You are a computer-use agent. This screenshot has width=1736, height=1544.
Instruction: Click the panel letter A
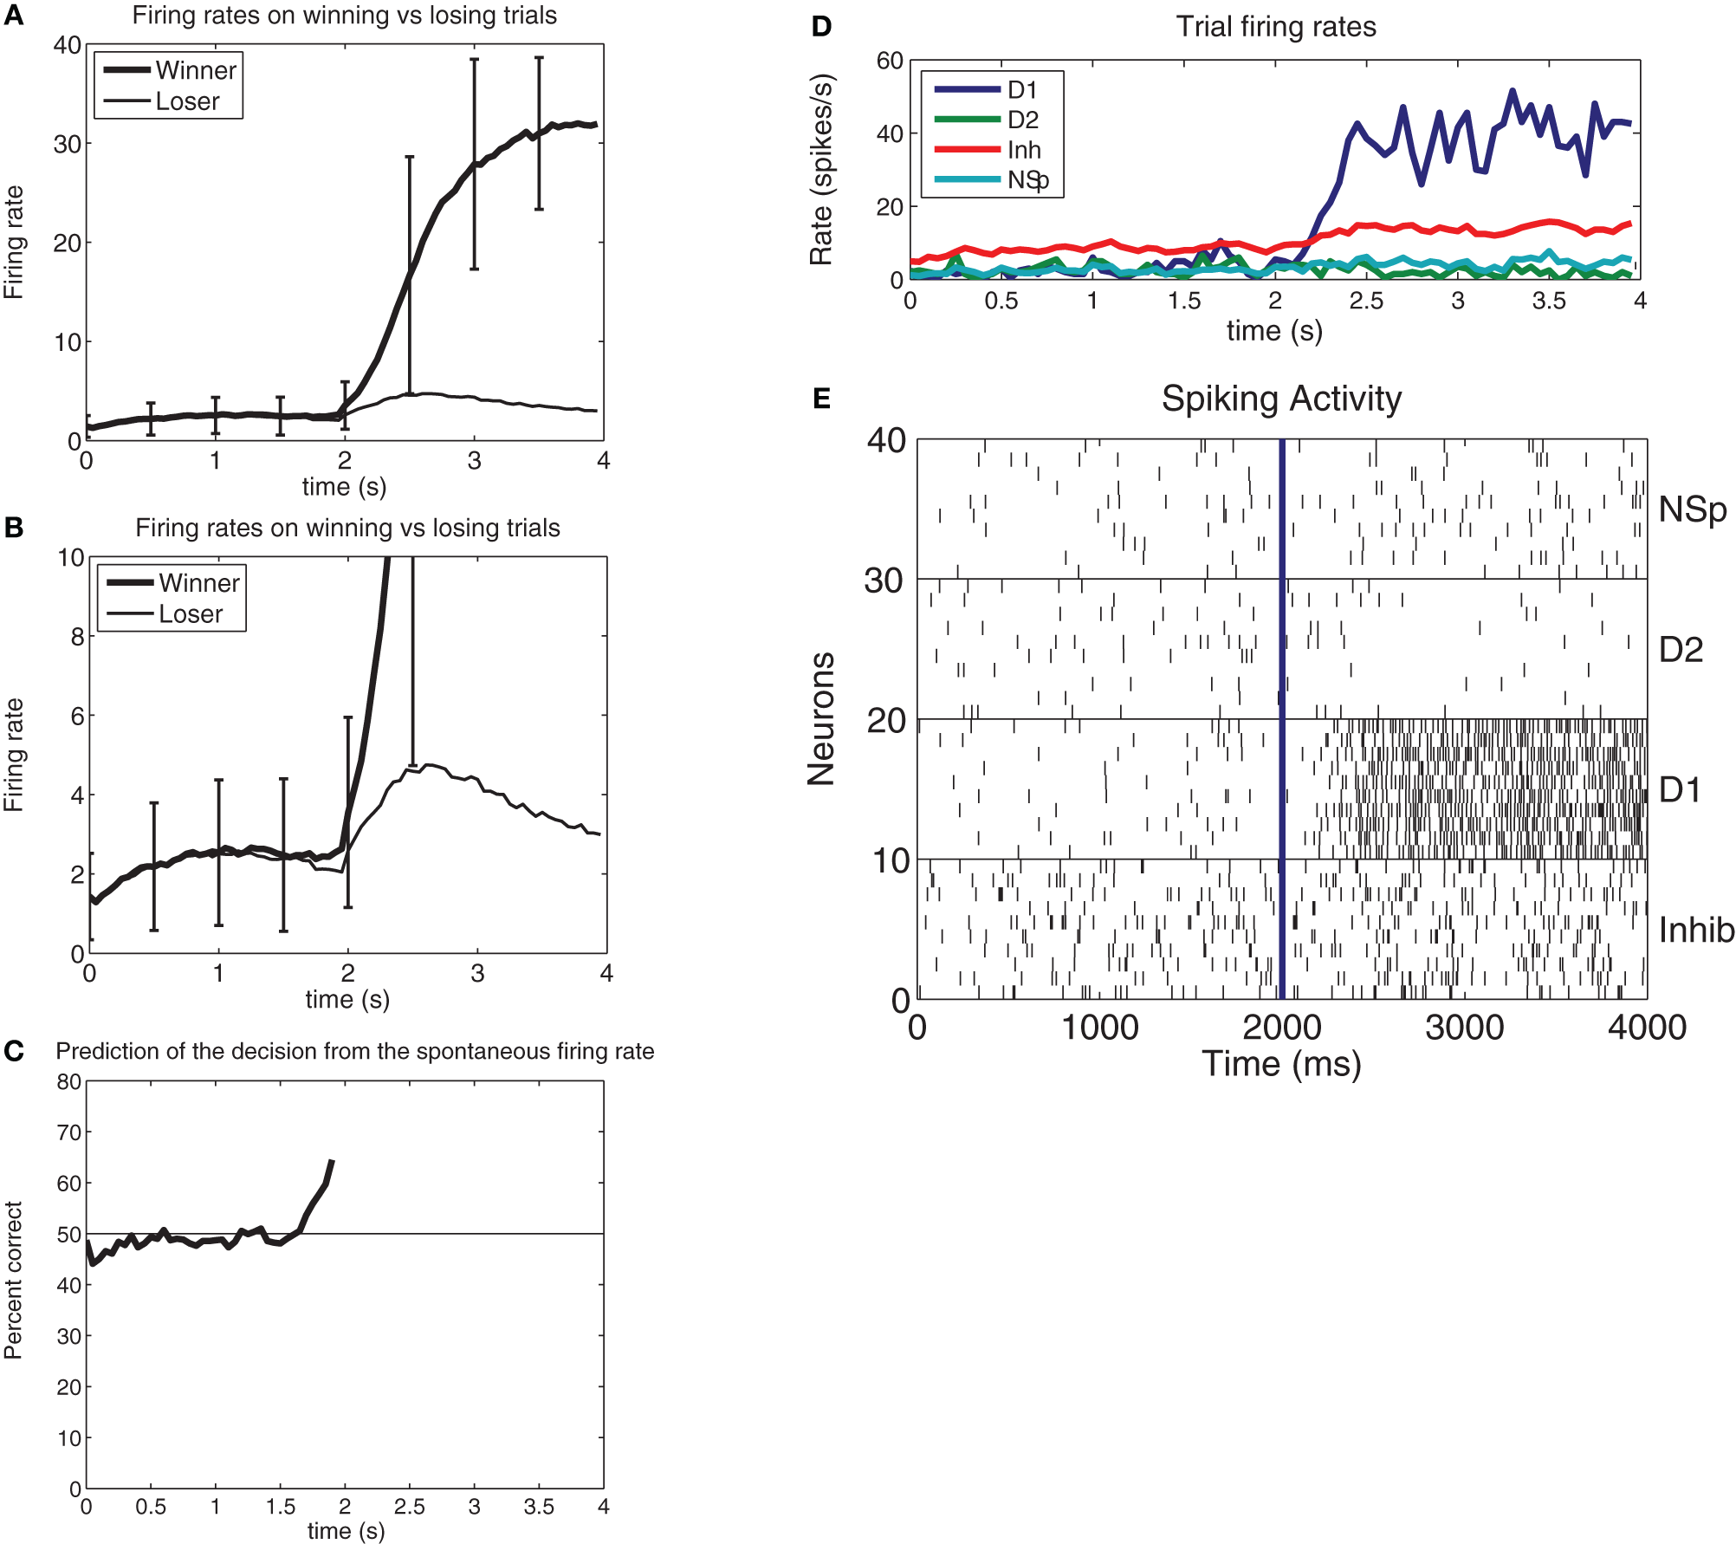coord(13,16)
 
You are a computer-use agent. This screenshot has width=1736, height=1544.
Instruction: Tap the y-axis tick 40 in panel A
coord(67,45)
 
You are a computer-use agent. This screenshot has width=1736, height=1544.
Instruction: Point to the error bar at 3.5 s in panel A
coord(539,133)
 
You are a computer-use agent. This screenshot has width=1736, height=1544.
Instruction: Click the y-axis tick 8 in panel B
coord(76,637)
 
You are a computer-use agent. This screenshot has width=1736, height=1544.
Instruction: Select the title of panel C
coord(354,1051)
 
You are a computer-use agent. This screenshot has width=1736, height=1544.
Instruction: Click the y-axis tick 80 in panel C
coord(68,1081)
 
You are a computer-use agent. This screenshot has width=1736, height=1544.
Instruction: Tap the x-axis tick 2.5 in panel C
coord(409,1507)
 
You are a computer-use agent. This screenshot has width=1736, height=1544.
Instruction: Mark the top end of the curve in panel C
coord(332,1162)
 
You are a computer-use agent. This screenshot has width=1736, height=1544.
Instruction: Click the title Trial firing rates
coord(1275,27)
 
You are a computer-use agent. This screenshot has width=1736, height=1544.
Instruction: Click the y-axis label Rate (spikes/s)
coord(820,170)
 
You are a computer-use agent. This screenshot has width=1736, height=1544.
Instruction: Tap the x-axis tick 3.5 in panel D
coord(1549,301)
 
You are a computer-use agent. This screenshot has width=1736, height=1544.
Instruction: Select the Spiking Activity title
coord(1280,399)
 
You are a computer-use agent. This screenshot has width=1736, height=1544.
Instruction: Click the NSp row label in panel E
coord(1692,509)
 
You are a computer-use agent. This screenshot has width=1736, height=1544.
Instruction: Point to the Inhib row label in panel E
coord(1695,930)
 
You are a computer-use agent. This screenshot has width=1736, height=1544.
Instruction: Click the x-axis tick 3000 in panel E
coord(1464,1028)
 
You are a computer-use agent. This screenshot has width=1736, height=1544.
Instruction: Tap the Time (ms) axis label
coord(1280,1064)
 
